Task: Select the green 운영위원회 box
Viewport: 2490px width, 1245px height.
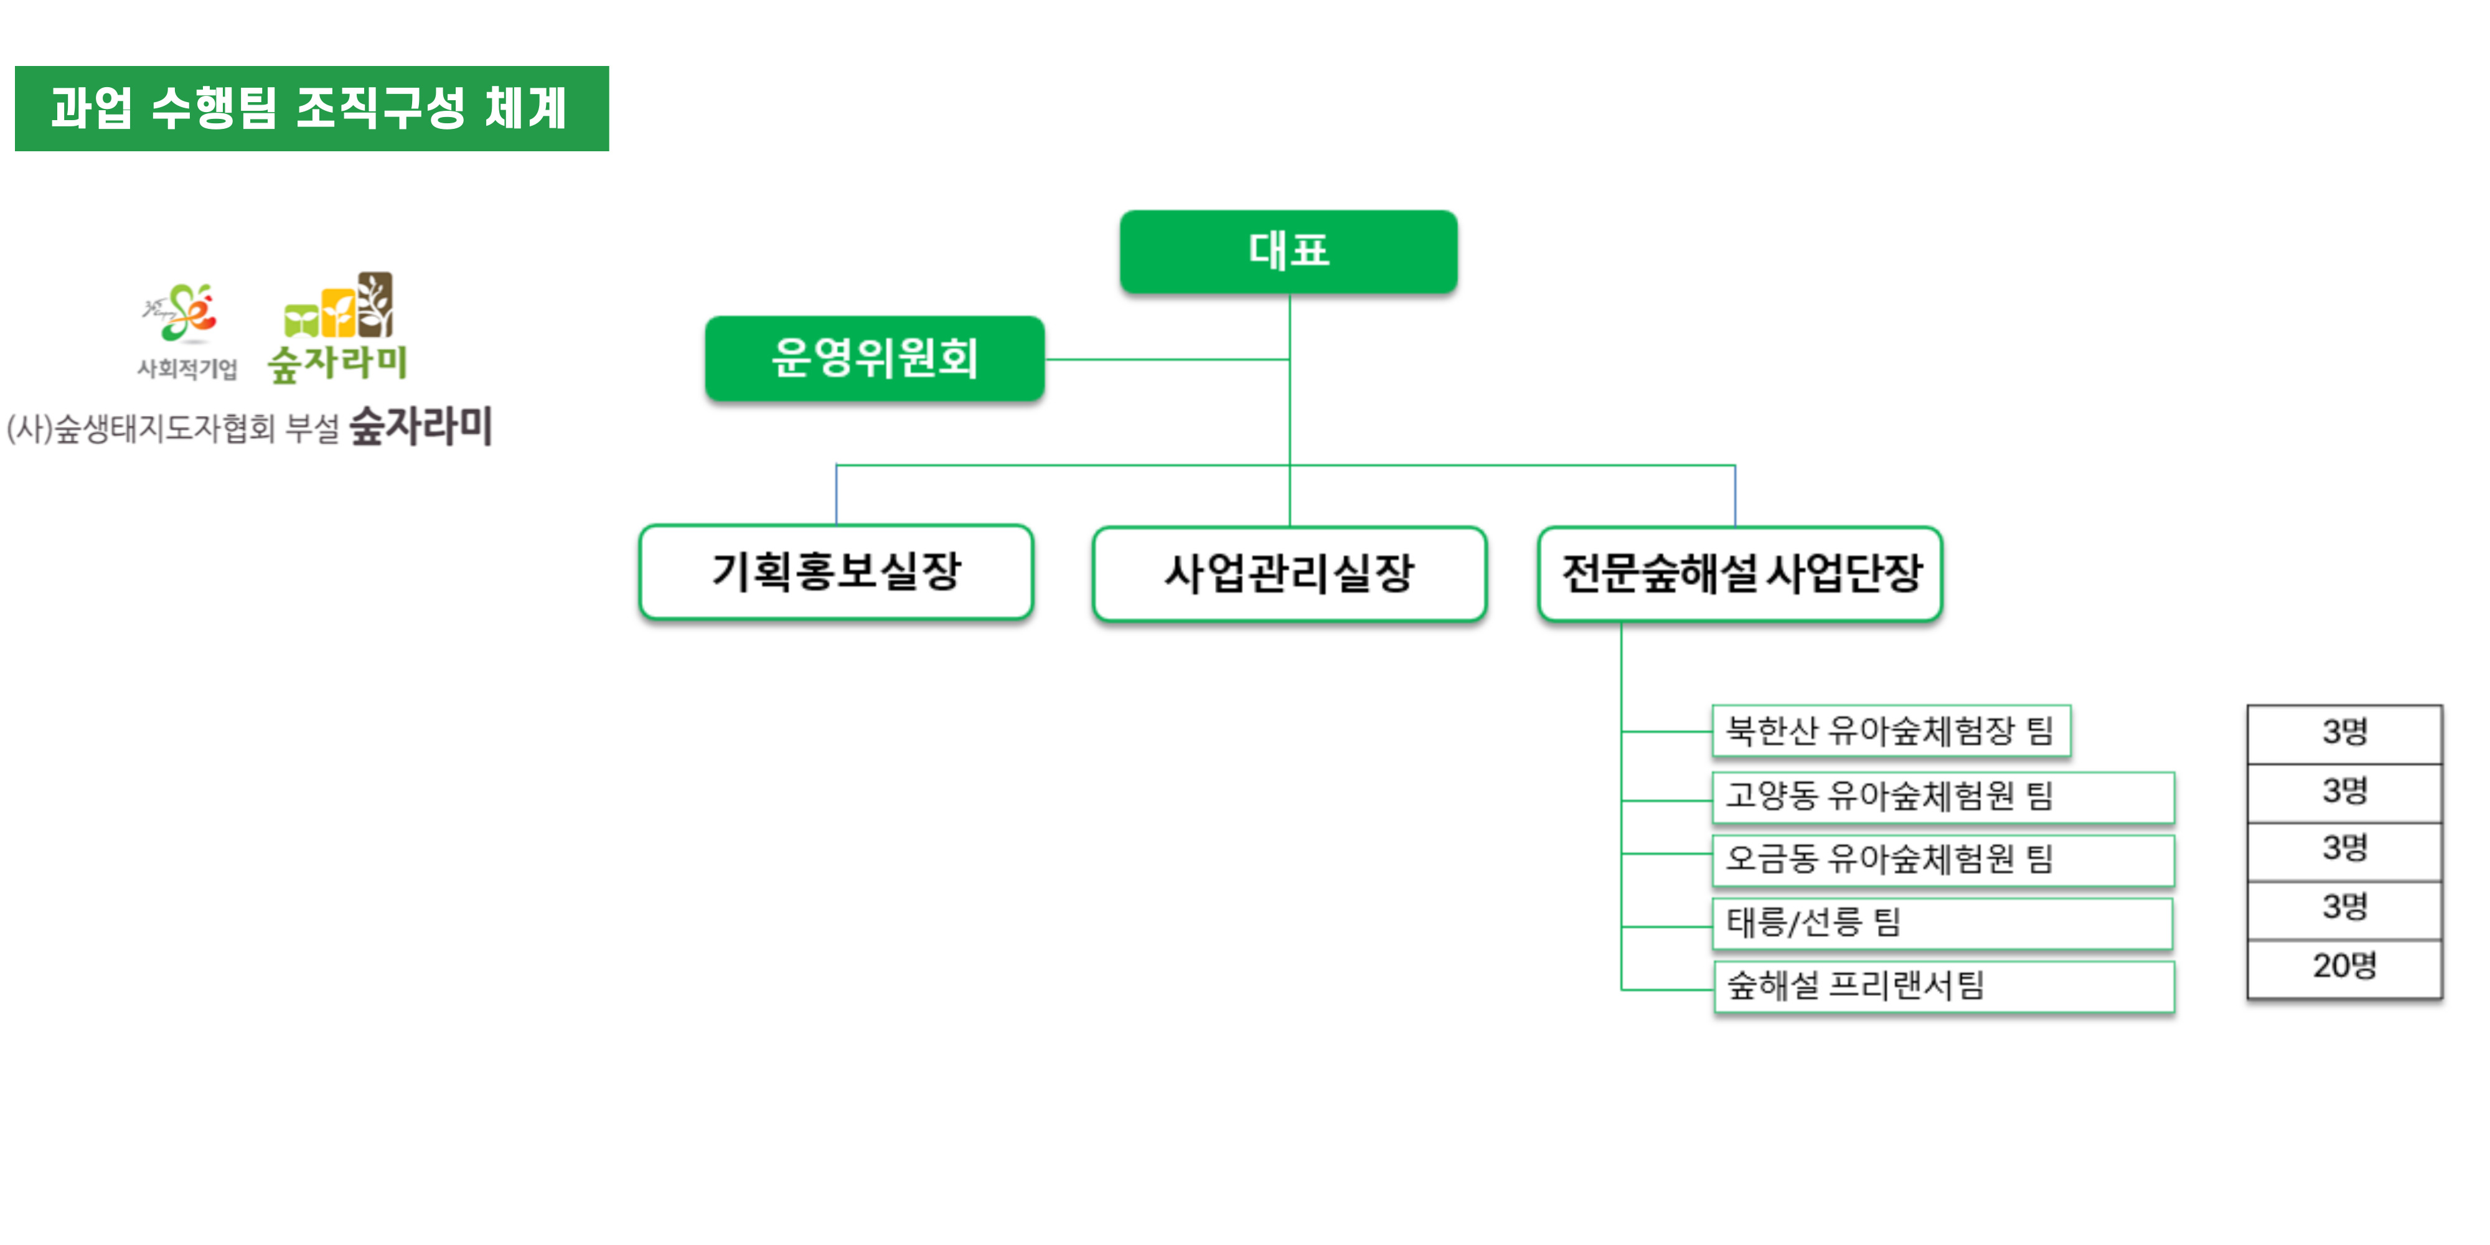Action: coord(874,358)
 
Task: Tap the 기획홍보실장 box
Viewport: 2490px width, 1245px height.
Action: coord(836,571)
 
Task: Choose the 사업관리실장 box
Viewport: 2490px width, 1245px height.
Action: coord(1289,573)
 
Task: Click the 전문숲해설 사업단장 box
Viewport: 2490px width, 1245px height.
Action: coord(1740,573)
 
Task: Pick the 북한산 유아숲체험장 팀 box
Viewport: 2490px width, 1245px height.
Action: coord(1890,731)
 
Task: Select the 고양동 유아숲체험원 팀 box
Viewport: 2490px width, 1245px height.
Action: coord(1943,797)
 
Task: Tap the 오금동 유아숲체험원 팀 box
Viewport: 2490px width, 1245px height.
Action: coord(1943,859)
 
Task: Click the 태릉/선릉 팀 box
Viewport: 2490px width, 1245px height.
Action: coord(1943,922)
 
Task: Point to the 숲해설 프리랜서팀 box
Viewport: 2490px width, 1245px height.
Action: coord(1943,986)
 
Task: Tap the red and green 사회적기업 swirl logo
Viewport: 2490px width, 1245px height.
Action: coord(182,313)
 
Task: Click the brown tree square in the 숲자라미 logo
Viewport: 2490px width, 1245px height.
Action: coord(375,304)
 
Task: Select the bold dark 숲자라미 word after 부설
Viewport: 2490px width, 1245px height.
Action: coord(420,426)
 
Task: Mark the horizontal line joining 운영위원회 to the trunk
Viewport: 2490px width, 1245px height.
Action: coord(1166,360)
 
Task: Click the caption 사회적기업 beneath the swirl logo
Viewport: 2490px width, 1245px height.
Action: coord(187,369)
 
